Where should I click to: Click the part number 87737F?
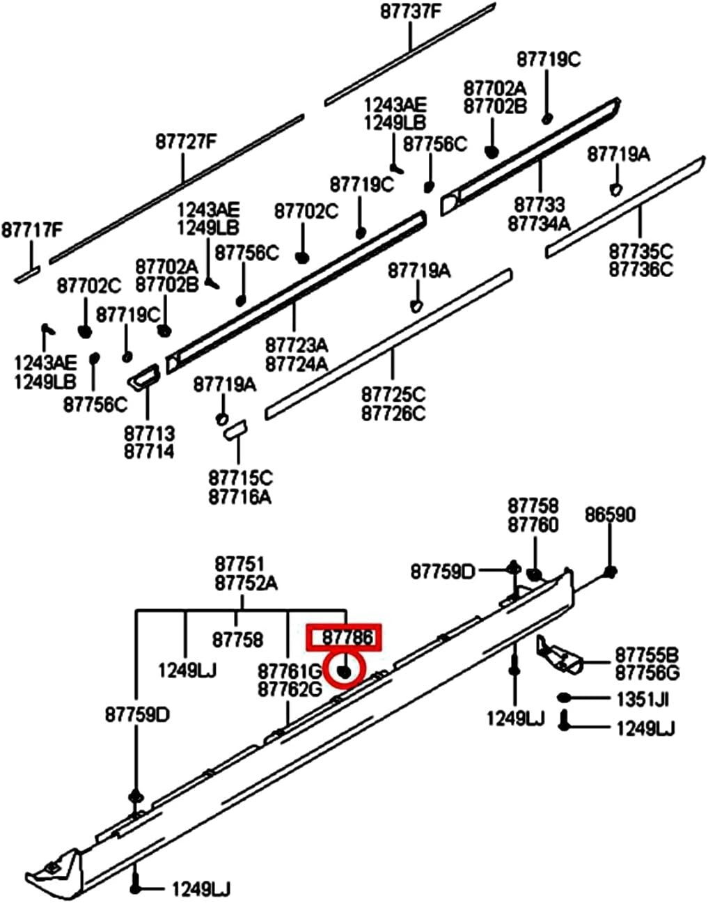pyautogui.click(x=410, y=12)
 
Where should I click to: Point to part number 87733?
pyautogui.click(x=539, y=205)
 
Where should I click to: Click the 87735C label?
pyautogui.click(x=641, y=251)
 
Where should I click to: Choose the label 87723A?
pyautogui.click(x=297, y=346)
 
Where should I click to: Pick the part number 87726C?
pyautogui.click(x=393, y=413)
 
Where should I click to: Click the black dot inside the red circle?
pyautogui.click(x=343, y=671)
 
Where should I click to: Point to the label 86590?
pyautogui.click(x=610, y=515)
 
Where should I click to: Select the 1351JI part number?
pyautogui.click(x=641, y=698)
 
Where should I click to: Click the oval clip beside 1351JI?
pyautogui.click(x=565, y=698)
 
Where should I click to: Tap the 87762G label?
pyautogui.click(x=290, y=689)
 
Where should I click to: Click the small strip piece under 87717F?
pyautogui.click(x=27, y=276)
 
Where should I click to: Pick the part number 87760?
pyautogui.click(x=533, y=524)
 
